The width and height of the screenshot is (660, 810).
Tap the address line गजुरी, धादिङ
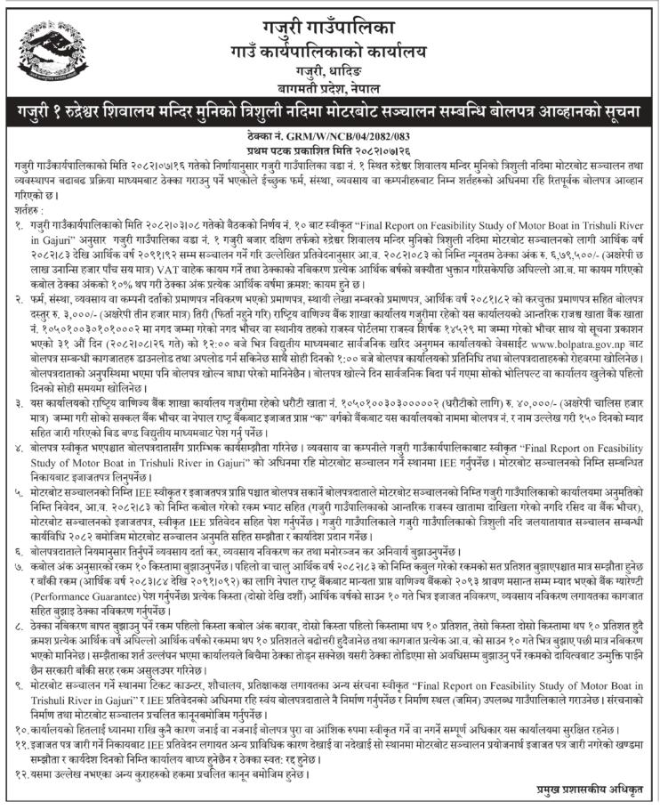[330, 69]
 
